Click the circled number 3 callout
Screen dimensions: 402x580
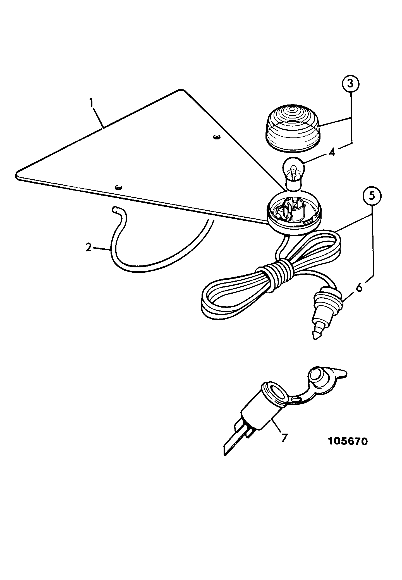[x=351, y=83]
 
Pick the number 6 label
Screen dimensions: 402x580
[x=359, y=287]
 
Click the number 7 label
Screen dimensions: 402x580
[x=284, y=438]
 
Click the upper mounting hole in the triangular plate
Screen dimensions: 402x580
[x=216, y=137]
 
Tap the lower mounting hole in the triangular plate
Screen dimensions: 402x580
[x=118, y=187]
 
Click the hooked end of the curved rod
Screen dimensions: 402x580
[x=115, y=209]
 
